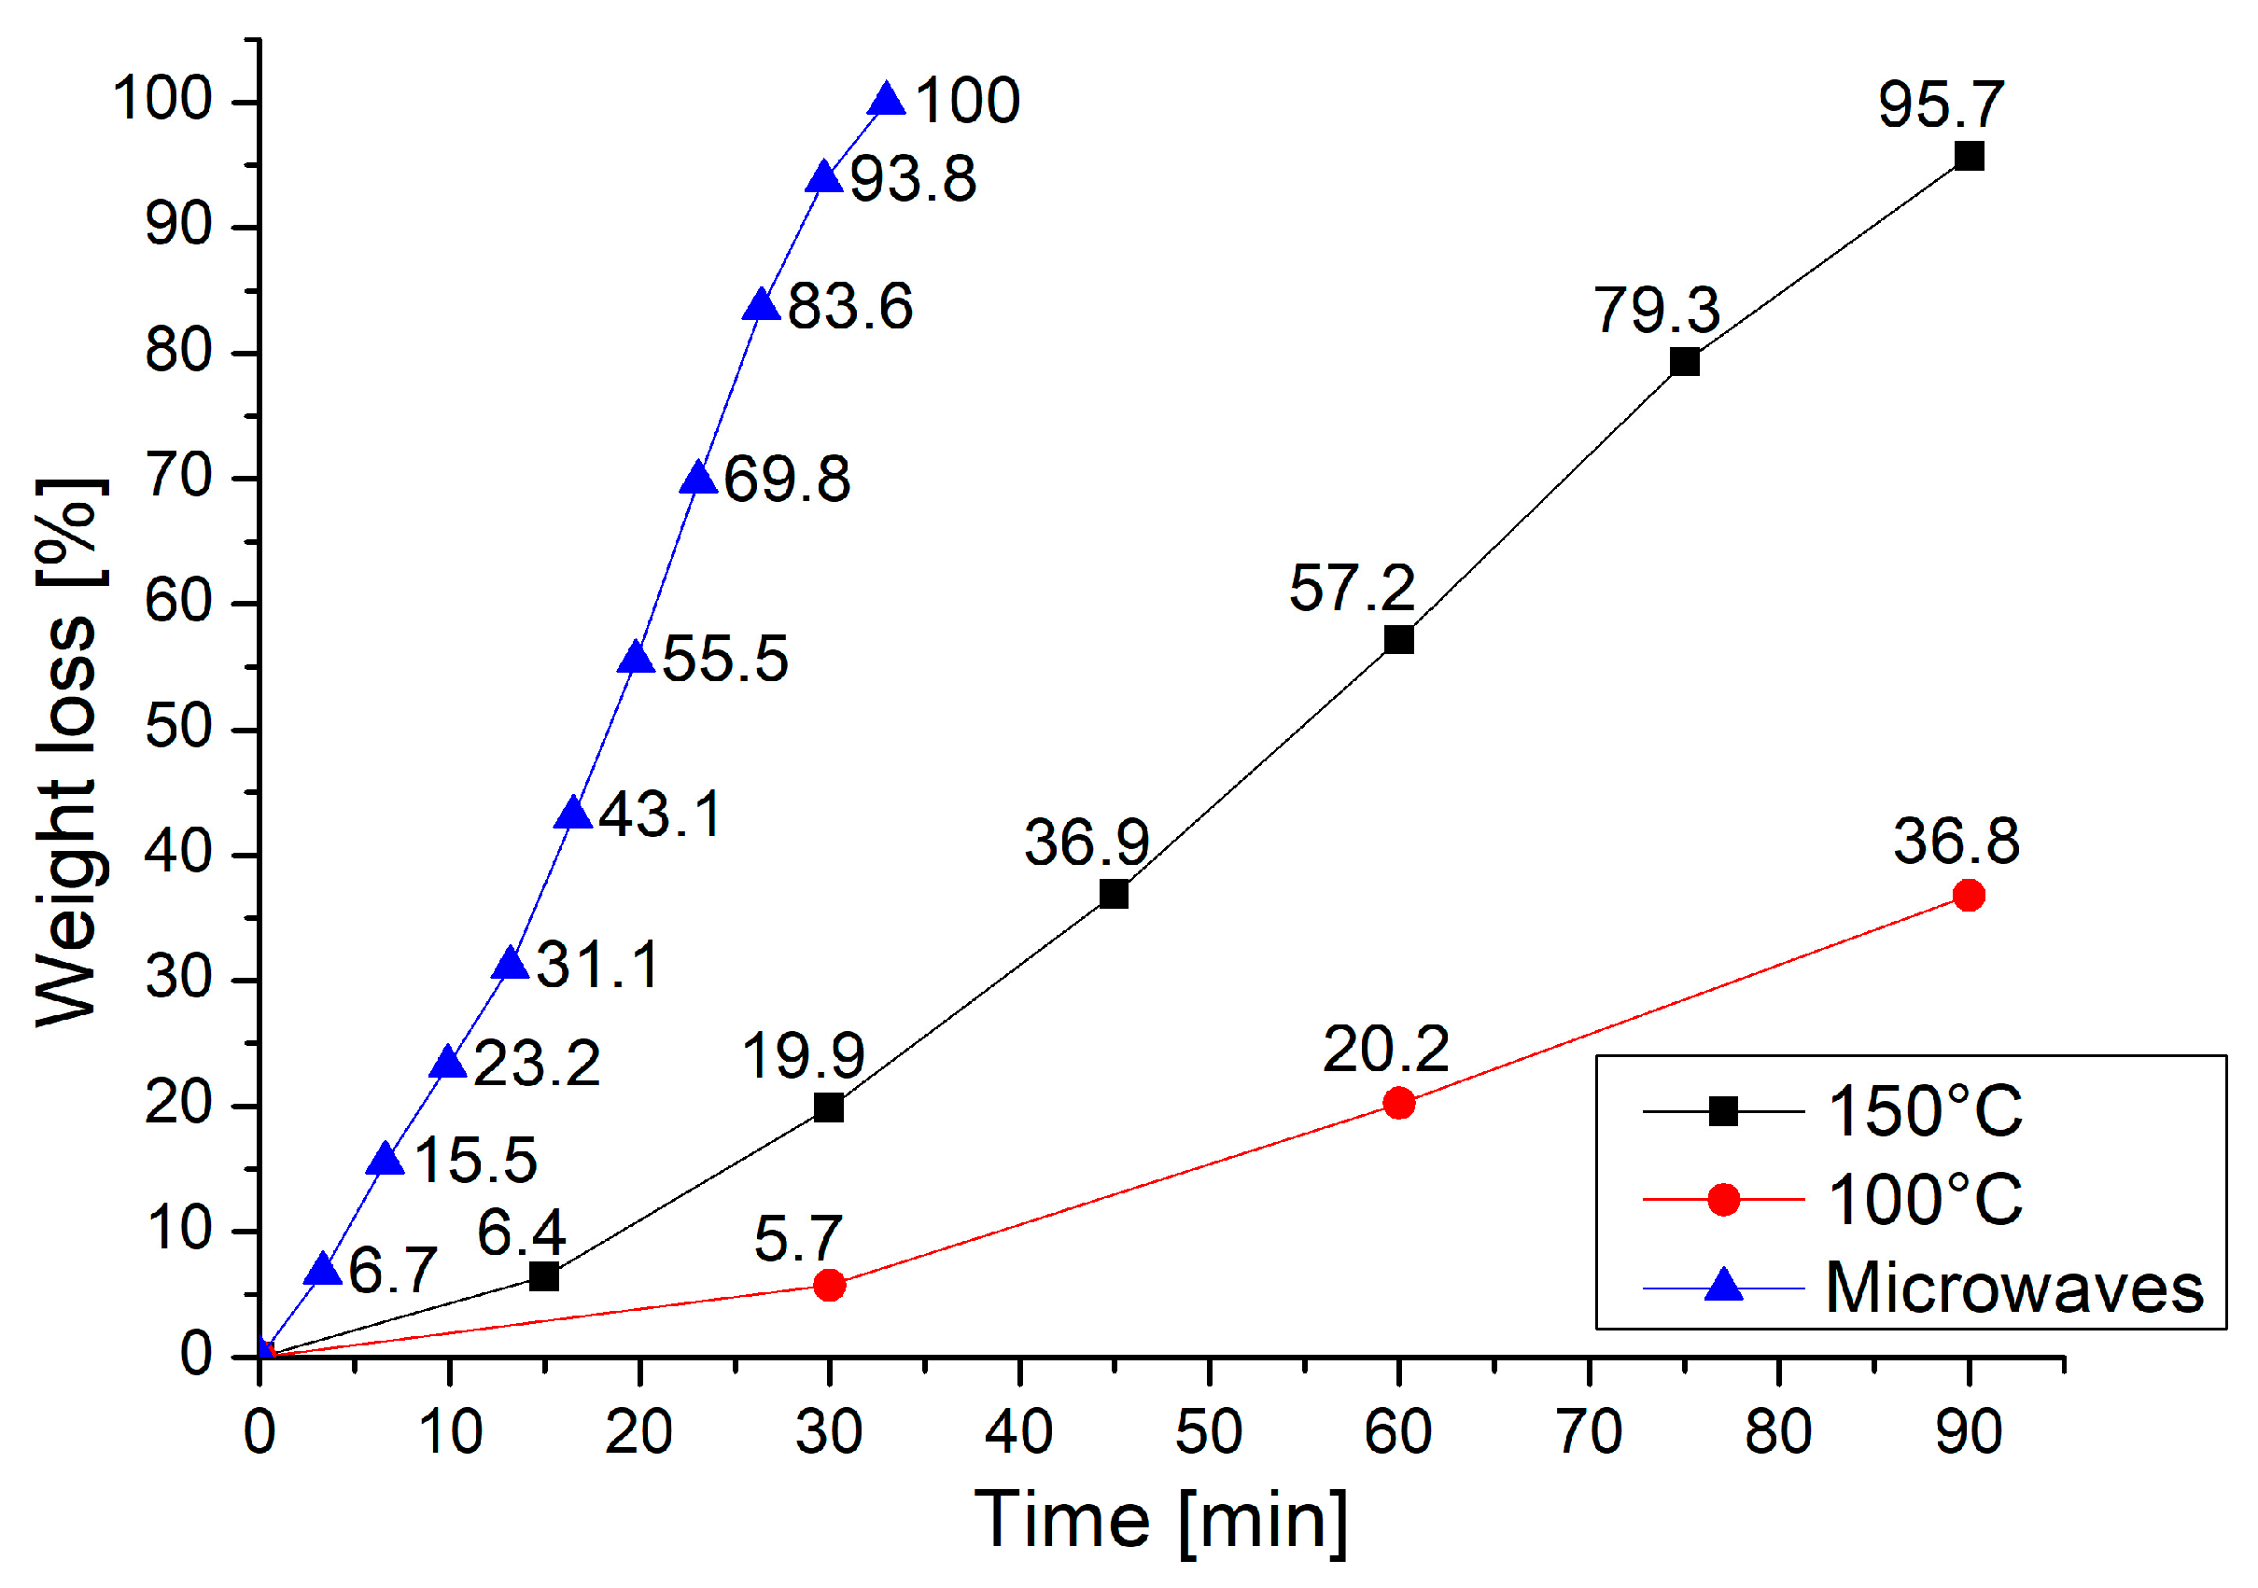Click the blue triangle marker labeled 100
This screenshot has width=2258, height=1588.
point(887,100)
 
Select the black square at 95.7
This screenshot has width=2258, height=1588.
point(1968,157)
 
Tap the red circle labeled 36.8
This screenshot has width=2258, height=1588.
point(1968,895)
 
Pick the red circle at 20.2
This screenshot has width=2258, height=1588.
point(1398,1103)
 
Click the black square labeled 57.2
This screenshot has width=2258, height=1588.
point(1398,640)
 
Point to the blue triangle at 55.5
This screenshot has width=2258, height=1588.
point(637,659)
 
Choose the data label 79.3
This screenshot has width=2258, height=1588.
point(1656,311)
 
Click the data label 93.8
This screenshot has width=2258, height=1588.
point(913,180)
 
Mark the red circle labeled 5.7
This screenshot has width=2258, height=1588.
point(829,1285)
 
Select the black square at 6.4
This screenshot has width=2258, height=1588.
point(544,1277)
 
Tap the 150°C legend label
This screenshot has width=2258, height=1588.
point(1925,1112)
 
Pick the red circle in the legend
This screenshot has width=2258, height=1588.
point(1723,1200)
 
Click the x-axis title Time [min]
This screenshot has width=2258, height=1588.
point(1160,1521)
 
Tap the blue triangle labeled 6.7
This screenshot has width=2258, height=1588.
point(323,1271)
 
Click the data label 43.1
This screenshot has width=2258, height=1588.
point(660,815)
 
